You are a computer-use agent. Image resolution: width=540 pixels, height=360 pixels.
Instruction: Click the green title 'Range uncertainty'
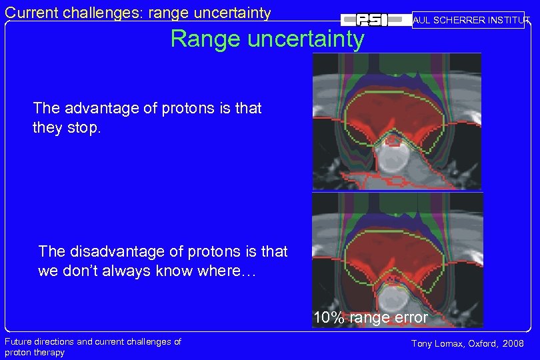pos(267,39)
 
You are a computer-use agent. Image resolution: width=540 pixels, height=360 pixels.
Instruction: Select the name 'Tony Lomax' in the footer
pos(435,343)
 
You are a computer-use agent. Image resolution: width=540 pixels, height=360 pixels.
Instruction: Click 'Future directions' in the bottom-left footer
pos(39,342)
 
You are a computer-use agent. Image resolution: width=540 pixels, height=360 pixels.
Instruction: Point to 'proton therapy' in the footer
pos(35,352)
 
